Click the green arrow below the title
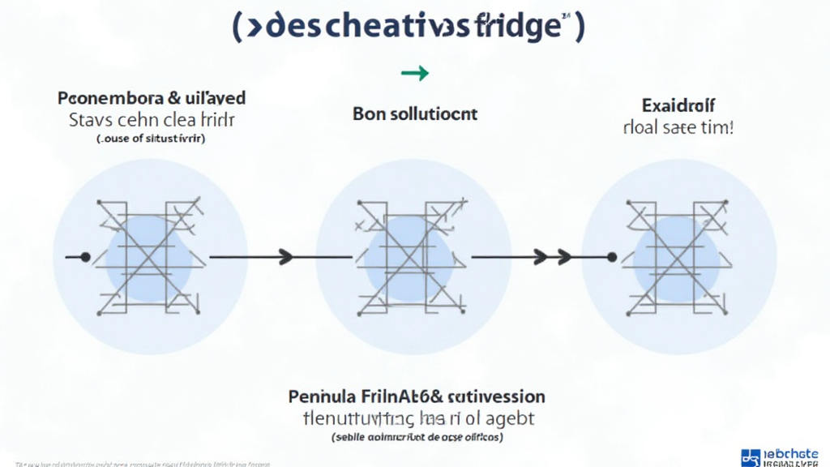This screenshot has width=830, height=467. pos(414,74)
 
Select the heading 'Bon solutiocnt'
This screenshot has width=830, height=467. pos(415,114)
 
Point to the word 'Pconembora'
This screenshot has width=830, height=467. pos(111,98)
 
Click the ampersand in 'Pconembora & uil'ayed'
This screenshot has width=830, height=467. pos(174,98)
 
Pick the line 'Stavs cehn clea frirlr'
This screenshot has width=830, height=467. pos(152,122)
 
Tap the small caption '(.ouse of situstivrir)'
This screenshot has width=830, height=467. pos(151,139)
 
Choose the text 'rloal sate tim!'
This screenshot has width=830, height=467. pos(678,127)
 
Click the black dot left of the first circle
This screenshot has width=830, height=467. pos(84,257)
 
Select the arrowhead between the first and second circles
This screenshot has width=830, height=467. pos(285,258)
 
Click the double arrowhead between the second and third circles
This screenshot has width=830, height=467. pos(551,258)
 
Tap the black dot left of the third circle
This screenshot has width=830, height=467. pos(611,257)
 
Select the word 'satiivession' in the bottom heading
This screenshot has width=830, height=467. pos(496,397)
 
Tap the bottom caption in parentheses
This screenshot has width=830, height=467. pos(417,437)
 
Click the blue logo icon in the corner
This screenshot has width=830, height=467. pos(752,457)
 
